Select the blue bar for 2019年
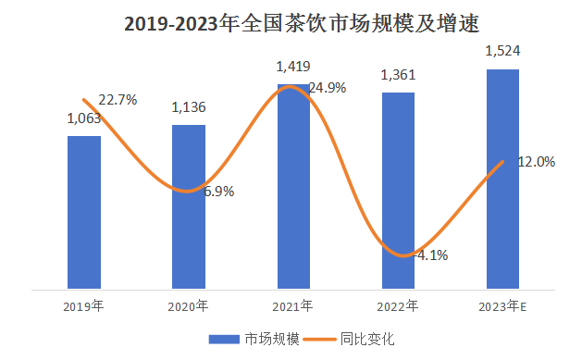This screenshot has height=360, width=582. (84, 213)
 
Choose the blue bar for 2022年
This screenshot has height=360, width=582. (399, 191)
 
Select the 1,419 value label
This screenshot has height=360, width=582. (293, 67)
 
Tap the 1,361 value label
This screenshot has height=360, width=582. (399, 75)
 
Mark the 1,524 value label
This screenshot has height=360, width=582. (503, 52)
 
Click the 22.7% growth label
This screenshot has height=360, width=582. (118, 100)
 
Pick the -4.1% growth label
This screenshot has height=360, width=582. (428, 255)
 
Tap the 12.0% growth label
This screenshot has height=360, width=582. (536, 162)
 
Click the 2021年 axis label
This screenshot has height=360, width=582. (293, 305)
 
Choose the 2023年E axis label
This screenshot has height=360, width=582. (503, 305)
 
